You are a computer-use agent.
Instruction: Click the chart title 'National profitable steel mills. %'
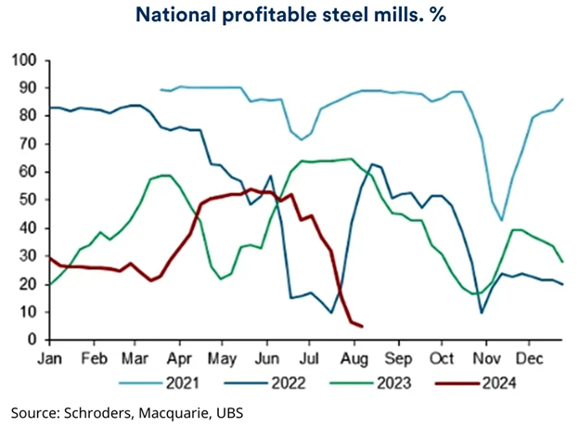point(289,16)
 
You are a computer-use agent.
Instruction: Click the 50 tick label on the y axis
point(27,201)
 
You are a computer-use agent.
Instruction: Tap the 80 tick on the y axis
point(27,116)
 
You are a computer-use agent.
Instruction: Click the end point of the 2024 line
point(361,326)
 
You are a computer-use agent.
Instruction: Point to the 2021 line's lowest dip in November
point(502,220)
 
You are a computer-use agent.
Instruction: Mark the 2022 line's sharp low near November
point(482,312)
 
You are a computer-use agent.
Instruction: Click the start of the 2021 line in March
point(161,90)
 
